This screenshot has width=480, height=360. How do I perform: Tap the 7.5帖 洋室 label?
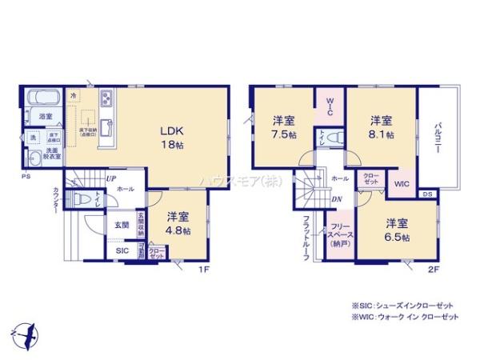tap(283, 127)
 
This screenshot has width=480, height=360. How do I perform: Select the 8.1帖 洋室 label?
tap(381, 127)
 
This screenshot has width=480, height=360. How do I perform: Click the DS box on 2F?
tap(427, 194)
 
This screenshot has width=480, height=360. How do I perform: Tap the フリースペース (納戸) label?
tap(338, 234)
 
